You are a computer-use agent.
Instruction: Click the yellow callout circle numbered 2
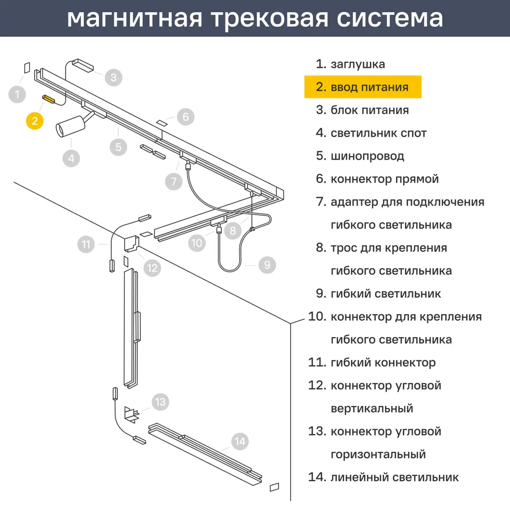[x=35, y=121]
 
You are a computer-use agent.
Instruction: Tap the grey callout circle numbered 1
[x=17, y=95]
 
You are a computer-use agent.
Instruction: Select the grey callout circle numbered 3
[x=114, y=78]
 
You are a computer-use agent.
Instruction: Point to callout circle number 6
[x=186, y=116]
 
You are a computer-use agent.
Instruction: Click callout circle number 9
[x=267, y=265]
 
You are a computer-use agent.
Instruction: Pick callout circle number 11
[x=86, y=244]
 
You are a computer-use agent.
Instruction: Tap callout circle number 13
[x=160, y=402]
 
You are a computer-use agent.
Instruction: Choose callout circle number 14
[x=240, y=441]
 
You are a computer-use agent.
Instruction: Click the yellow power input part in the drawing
[x=49, y=99]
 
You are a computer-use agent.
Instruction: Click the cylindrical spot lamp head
[x=70, y=126]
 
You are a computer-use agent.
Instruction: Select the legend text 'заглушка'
[x=358, y=64]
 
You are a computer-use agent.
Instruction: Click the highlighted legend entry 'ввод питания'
[x=369, y=87]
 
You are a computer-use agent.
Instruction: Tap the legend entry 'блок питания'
[x=370, y=110]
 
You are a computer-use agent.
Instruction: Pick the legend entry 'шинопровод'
[x=368, y=156]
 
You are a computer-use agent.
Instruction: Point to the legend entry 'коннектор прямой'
[x=385, y=179]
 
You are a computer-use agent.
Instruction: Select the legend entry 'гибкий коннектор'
[x=383, y=362]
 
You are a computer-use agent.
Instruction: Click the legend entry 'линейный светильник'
[x=395, y=477]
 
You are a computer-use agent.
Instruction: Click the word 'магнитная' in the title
[x=135, y=18]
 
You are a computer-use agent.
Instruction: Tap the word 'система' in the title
[x=390, y=19]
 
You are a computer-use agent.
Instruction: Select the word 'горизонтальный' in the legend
[x=378, y=454]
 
